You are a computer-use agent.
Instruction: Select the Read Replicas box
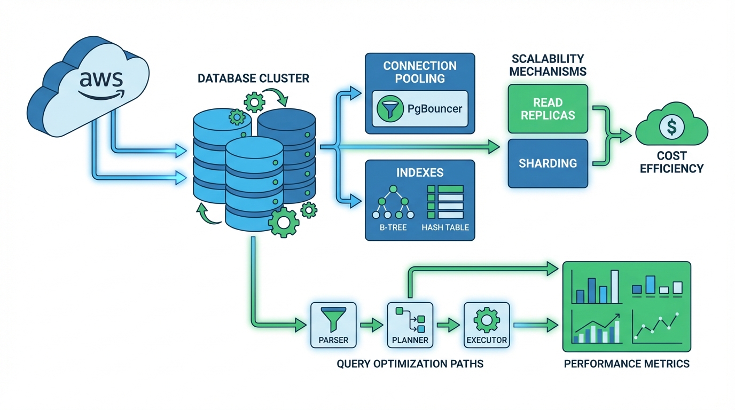(548, 108)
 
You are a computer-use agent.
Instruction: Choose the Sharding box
(548, 163)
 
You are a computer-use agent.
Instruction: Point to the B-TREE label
(393, 227)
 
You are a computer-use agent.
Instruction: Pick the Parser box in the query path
(333, 325)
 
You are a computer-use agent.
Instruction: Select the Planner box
(410, 325)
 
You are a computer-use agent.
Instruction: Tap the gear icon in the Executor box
(486, 319)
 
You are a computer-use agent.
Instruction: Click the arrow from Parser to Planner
(371, 324)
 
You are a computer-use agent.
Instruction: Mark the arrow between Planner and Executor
(448, 324)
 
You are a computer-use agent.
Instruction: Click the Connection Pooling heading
(420, 72)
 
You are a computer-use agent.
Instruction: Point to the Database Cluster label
(253, 78)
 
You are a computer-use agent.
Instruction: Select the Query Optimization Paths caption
(410, 364)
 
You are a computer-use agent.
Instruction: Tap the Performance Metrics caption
(627, 364)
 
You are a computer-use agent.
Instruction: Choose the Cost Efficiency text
(671, 162)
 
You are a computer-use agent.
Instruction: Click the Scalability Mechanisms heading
(548, 65)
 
